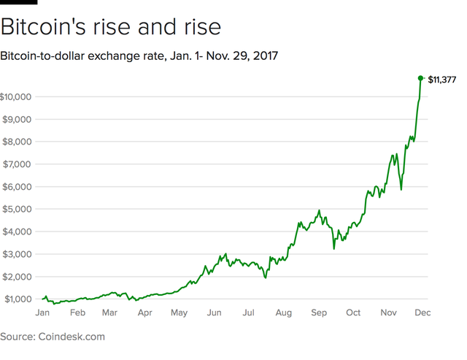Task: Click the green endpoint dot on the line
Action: tap(420, 78)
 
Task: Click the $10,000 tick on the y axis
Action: tap(15, 96)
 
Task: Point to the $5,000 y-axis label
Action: tap(16, 209)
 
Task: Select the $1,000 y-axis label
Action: tap(16, 299)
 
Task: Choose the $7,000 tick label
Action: tap(16, 164)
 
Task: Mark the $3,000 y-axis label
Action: tap(16, 254)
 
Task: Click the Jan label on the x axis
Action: tap(42, 313)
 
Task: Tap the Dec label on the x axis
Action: tap(422, 313)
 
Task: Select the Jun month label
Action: tap(214, 313)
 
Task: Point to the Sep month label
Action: tap(318, 313)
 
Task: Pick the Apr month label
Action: tap(144, 313)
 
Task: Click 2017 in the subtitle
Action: tap(264, 55)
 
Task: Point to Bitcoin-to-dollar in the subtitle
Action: tap(45, 55)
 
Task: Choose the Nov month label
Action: tap(387, 313)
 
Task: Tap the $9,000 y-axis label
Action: tap(16, 119)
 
